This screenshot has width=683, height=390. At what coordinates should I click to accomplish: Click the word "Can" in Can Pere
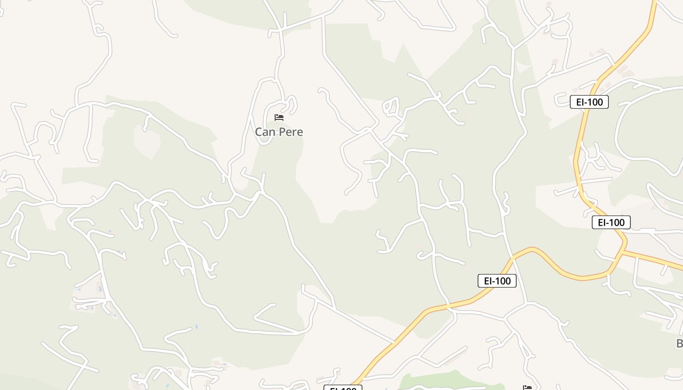click(263, 132)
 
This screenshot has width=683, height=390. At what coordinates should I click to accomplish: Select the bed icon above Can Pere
click(279, 117)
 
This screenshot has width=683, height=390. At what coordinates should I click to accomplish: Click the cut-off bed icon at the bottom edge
click(527, 388)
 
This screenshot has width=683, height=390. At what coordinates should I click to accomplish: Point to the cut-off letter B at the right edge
click(680, 343)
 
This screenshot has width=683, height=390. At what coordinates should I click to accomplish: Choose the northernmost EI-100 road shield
click(589, 102)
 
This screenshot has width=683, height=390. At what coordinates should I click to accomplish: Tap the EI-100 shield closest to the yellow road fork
click(611, 222)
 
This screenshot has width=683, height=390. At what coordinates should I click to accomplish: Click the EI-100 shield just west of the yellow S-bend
click(497, 281)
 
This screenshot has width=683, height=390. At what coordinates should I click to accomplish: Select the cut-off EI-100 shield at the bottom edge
click(343, 388)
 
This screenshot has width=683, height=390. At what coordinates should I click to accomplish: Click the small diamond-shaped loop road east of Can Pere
click(391, 107)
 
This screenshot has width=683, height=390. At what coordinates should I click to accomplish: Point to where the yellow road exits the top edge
click(654, 2)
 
